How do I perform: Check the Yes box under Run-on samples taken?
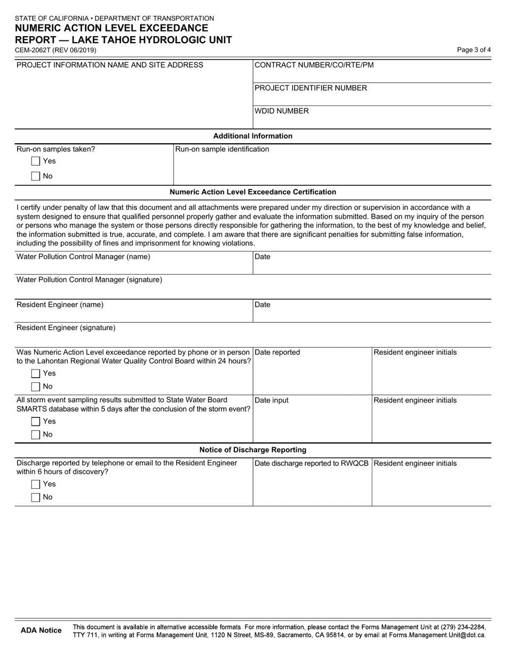tap(36, 161)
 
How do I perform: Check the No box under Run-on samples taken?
tap(36, 176)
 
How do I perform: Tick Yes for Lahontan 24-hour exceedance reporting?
tap(36, 374)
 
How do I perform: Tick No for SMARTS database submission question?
tap(36, 435)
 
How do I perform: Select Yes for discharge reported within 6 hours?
tap(36, 485)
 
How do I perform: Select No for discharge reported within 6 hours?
tap(36, 497)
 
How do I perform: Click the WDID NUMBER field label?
tap(282, 111)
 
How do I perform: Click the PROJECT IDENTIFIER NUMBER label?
tap(311, 88)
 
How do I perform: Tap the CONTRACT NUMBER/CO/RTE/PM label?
tap(314, 65)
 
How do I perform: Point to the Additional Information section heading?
tap(252, 136)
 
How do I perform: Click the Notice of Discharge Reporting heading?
tap(252, 450)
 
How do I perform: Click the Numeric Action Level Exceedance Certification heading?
tap(252, 192)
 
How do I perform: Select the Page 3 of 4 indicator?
tap(474, 50)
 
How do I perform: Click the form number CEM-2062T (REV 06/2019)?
tap(56, 50)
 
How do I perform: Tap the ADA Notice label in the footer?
tap(41, 631)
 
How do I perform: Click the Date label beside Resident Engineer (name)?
tap(263, 305)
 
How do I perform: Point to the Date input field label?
tap(272, 400)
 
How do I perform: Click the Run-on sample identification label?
tap(222, 149)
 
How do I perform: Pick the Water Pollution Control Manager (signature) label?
tap(89, 280)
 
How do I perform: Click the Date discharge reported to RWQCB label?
tap(312, 463)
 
